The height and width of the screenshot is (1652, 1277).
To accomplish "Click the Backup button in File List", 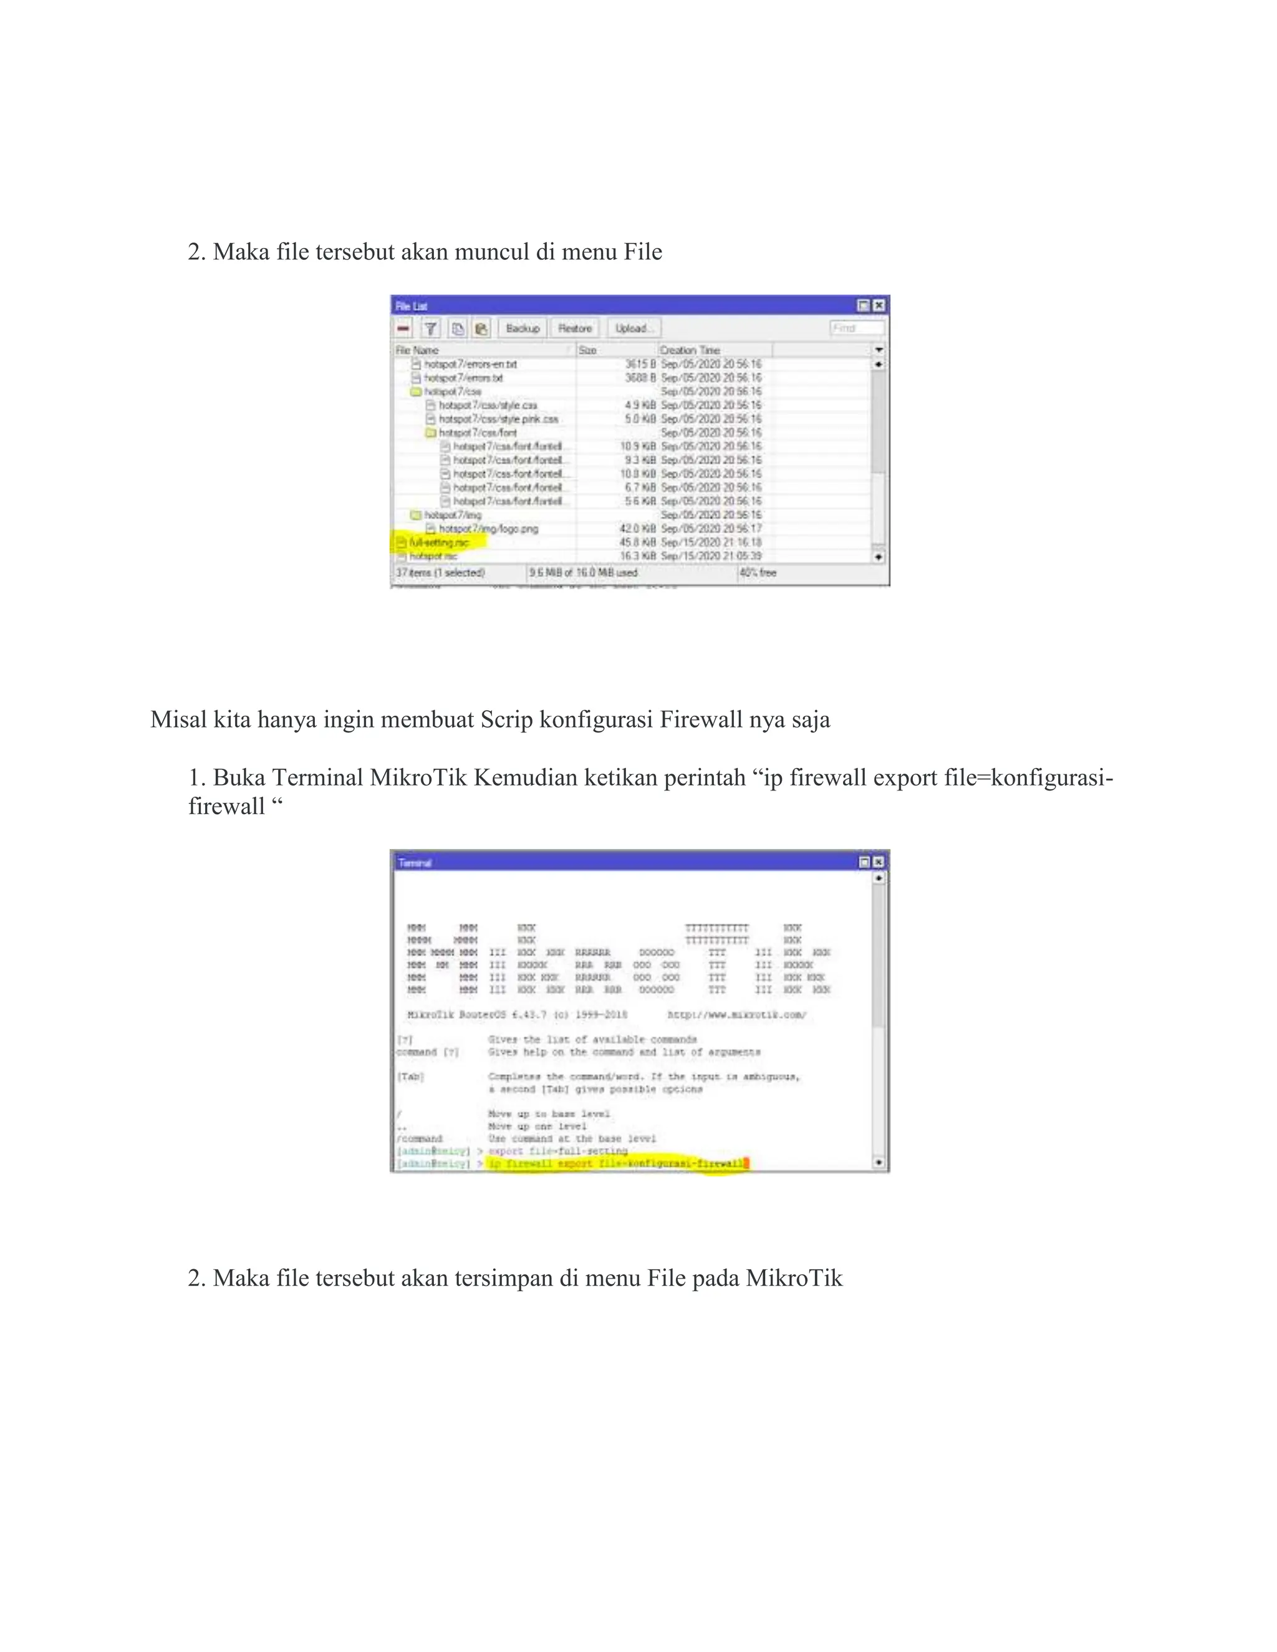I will coord(523,329).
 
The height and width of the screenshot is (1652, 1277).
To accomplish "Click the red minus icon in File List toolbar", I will coord(403,329).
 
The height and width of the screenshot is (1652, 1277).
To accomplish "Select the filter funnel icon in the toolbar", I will coord(430,329).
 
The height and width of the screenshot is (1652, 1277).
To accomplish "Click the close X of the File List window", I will coord(879,305).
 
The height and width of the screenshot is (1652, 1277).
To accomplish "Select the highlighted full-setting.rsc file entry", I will coord(440,542).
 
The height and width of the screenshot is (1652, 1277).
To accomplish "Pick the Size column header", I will coord(588,350).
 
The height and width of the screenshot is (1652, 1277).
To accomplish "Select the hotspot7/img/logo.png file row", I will coord(489,529).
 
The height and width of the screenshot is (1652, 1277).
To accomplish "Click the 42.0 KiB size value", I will coord(638,529).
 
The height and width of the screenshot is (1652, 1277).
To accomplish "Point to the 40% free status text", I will coord(758,573).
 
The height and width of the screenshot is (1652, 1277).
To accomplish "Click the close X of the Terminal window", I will coord(879,862).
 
